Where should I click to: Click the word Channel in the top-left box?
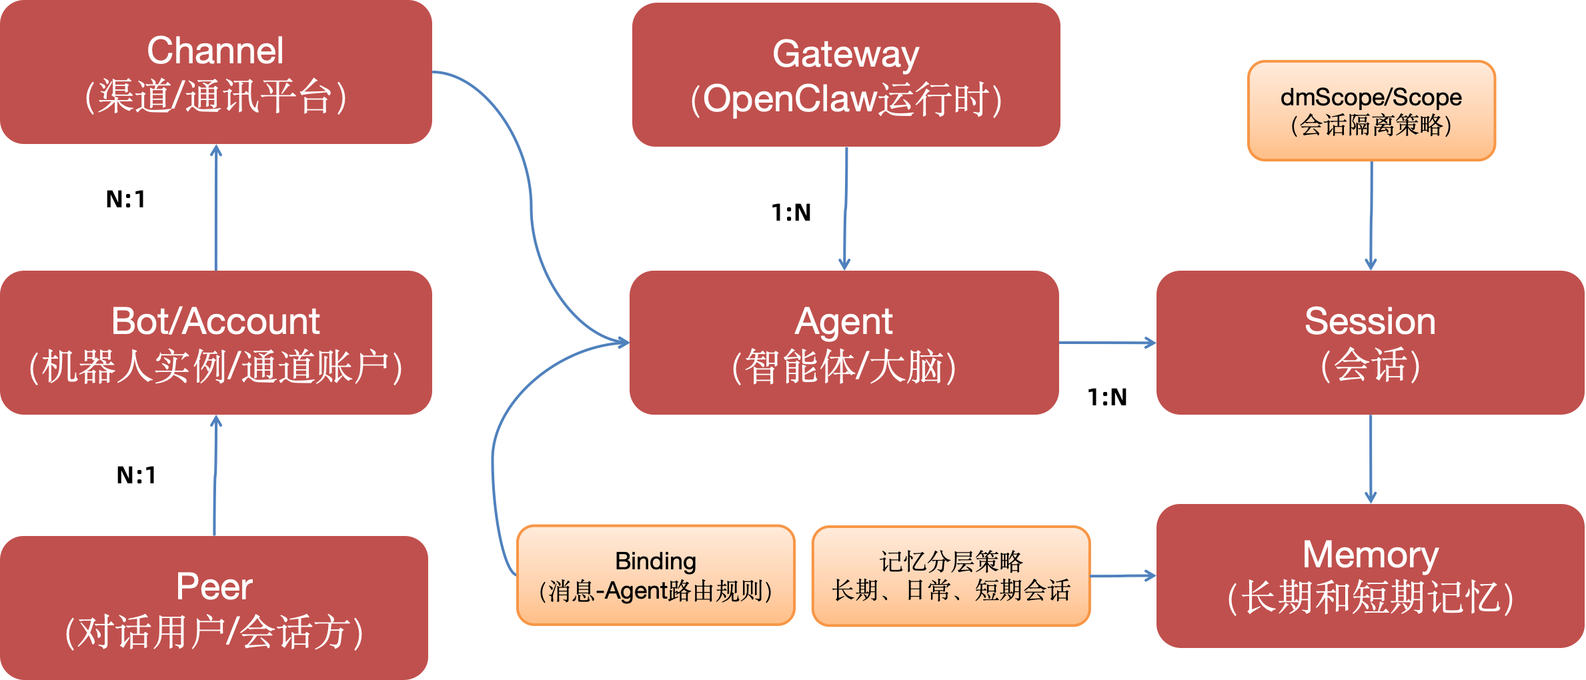tap(215, 51)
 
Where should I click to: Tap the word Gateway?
tap(846, 54)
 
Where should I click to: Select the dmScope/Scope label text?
tap(1371, 97)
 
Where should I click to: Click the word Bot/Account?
tap(215, 321)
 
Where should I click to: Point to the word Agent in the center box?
tap(843, 322)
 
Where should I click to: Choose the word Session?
tap(1370, 321)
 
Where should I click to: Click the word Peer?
tap(213, 587)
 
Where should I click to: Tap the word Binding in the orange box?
tap(655, 561)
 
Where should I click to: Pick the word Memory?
tap(1370, 555)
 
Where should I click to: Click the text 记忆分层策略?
tap(950, 561)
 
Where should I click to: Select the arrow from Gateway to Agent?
tap(845, 207)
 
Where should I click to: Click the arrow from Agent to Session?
tap(1107, 343)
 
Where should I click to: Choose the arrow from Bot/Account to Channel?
tap(215, 207)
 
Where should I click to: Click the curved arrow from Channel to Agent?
tap(531, 200)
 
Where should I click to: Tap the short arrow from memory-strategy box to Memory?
tap(1123, 576)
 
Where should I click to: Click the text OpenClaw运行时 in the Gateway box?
tap(846, 100)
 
